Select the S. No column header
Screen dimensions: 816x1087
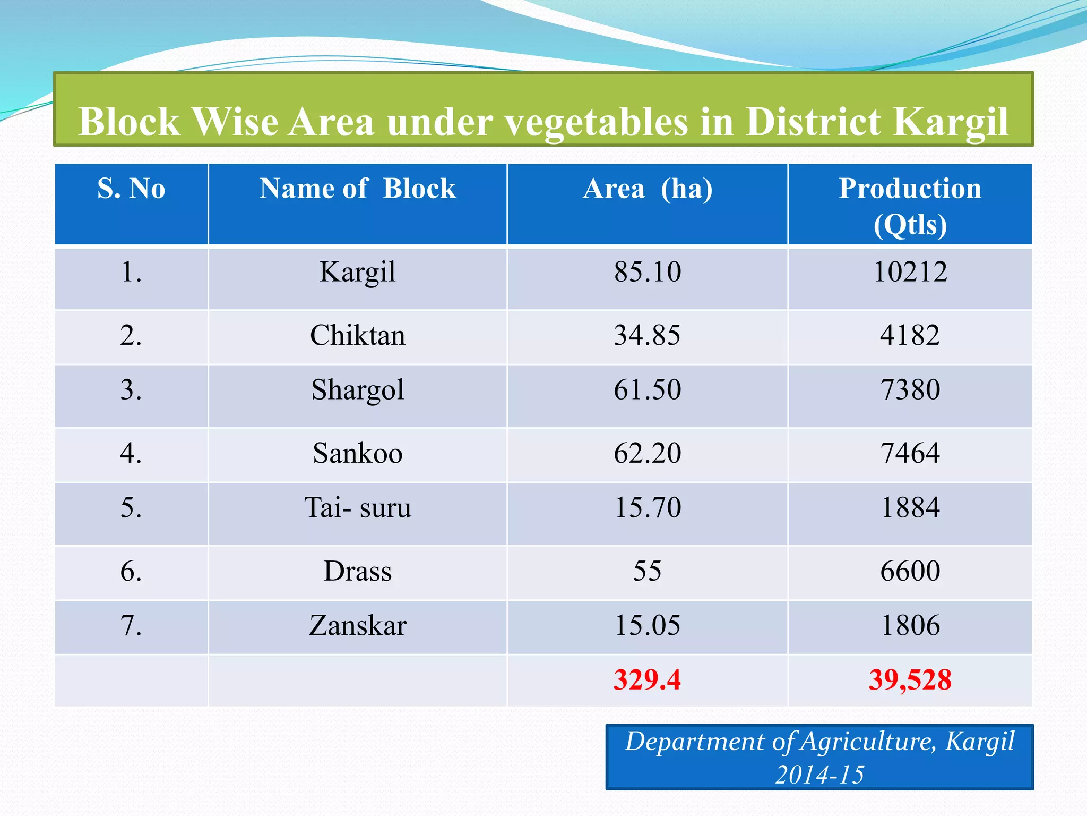pos(131,189)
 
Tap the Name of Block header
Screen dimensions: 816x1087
pos(357,189)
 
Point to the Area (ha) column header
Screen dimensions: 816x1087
pos(647,189)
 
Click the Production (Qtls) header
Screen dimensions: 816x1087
pos(910,206)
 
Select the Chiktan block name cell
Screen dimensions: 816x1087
pos(357,336)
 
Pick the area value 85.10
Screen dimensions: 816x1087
pos(647,272)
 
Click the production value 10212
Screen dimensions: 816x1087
pos(910,272)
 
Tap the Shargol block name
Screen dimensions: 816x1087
pos(357,390)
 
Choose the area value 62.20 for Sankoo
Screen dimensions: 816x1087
pos(647,454)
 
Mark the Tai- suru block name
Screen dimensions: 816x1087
pos(357,508)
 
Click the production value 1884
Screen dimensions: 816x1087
pos(910,508)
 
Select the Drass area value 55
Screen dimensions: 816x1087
pos(647,572)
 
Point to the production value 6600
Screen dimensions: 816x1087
pos(910,572)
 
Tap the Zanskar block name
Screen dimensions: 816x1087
pos(357,626)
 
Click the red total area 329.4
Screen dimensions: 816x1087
pos(647,680)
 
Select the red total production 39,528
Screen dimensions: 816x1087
pos(910,680)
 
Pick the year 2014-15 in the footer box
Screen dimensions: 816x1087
pos(819,775)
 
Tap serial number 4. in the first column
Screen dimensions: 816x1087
pos(131,454)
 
